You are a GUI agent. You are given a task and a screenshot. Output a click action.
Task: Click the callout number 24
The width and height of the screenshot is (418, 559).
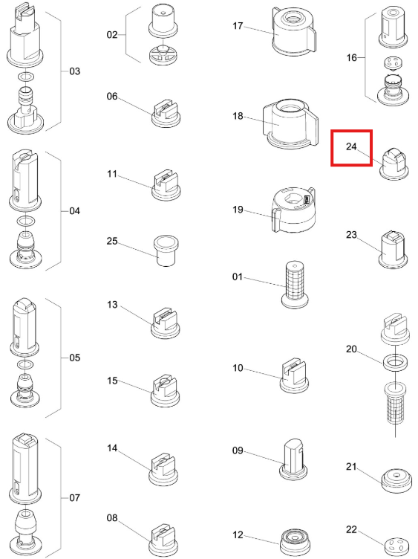coord(351,146)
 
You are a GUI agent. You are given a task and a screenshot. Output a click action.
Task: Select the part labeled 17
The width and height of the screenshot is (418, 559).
coord(293,31)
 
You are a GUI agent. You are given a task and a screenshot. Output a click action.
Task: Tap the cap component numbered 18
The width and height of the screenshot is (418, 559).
coord(290,123)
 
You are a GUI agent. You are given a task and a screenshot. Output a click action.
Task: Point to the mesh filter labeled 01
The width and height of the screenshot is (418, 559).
coord(295,285)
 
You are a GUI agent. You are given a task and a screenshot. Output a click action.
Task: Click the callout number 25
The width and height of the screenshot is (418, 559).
coord(112,242)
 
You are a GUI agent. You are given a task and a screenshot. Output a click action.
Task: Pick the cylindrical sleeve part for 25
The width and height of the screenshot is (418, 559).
coord(166,251)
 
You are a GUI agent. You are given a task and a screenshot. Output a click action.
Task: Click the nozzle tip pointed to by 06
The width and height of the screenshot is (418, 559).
coord(166,114)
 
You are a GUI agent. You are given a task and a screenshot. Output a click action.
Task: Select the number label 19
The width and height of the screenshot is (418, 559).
coord(238,210)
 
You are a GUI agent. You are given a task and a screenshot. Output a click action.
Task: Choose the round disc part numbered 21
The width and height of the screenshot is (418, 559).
coord(395,481)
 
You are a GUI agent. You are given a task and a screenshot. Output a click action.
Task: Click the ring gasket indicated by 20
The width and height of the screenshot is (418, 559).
coord(394,362)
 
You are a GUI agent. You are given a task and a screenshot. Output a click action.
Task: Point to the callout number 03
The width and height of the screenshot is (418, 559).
coord(74,71)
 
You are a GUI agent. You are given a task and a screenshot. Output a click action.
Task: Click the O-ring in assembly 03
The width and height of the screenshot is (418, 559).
coord(26,77)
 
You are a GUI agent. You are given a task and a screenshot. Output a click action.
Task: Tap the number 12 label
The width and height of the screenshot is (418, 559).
coord(238,534)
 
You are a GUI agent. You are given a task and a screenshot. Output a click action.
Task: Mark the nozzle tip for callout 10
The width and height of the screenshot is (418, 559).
coord(294,376)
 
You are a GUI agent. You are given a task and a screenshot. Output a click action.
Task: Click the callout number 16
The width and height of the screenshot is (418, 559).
coord(351,57)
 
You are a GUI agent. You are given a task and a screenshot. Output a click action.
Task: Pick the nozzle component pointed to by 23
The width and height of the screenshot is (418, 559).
coord(393,250)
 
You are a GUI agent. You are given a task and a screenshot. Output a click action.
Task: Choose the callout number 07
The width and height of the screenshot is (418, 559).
coord(74,498)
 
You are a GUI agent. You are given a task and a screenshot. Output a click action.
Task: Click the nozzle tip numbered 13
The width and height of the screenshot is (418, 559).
coord(166,323)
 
